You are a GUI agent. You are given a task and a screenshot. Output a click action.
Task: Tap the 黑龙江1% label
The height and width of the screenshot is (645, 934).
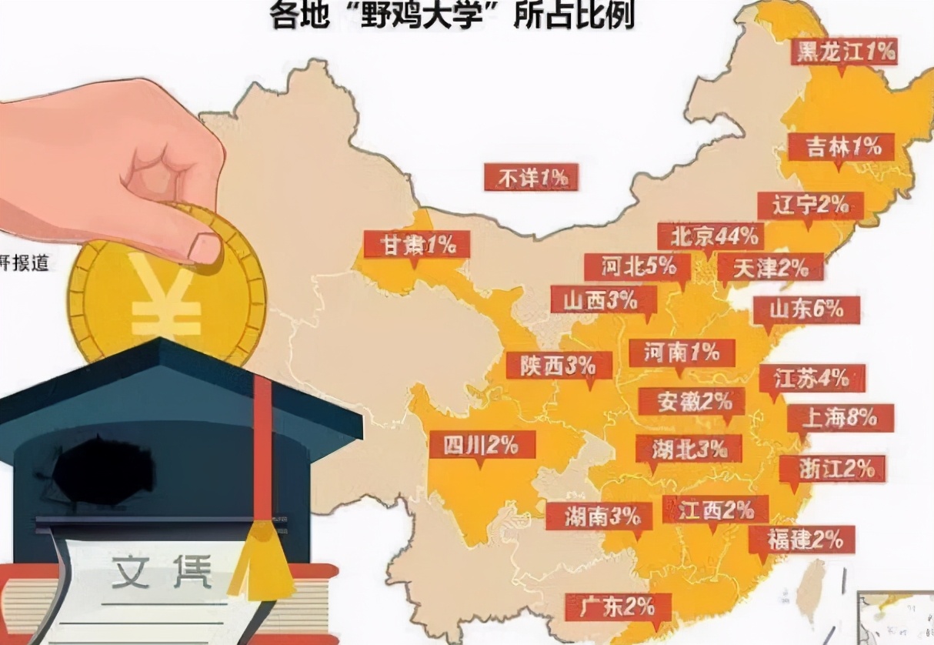(845, 52)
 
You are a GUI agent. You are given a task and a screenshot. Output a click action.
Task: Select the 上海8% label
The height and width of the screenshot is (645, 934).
(839, 418)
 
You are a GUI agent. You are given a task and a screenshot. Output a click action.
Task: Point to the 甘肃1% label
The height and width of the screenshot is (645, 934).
(416, 245)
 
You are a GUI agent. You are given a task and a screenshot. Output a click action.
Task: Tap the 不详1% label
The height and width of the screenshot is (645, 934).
(531, 178)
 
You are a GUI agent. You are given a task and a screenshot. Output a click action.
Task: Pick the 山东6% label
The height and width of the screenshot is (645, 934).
(806, 309)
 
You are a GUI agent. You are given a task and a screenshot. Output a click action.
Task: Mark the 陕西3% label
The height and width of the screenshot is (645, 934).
(559, 365)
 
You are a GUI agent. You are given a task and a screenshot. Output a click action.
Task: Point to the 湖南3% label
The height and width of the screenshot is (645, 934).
(599, 516)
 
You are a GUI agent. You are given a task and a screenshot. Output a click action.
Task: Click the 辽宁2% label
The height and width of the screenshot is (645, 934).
(810, 206)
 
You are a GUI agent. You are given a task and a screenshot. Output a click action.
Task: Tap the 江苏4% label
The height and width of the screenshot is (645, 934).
(812, 378)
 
